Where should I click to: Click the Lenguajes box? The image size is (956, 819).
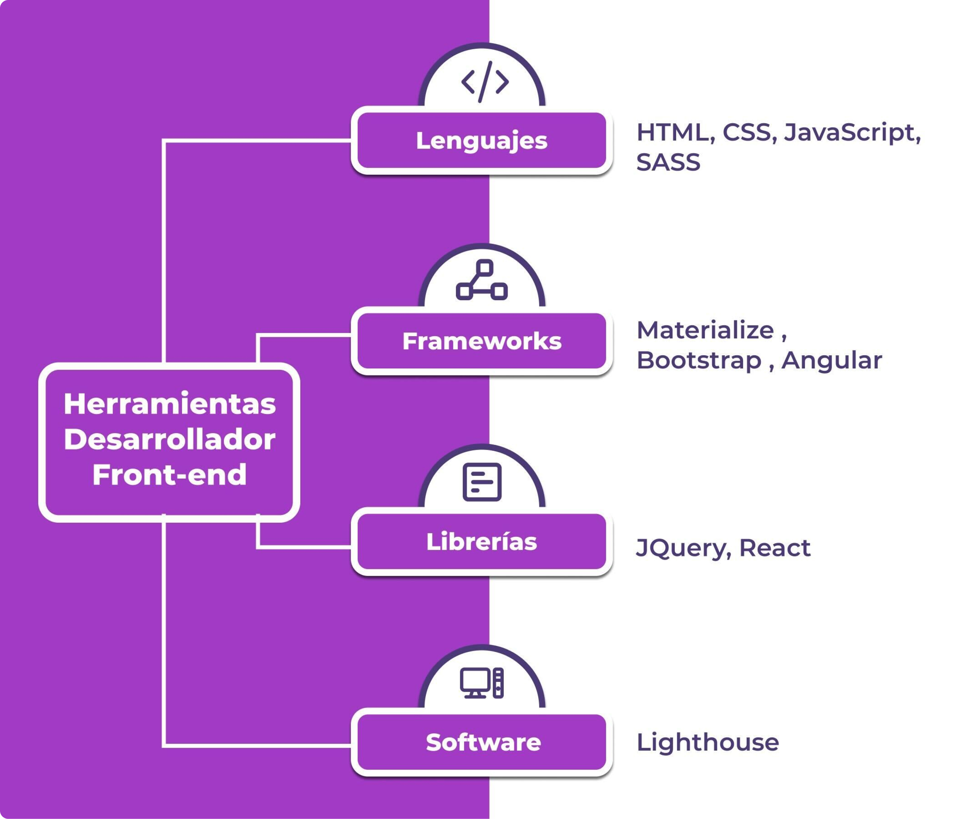point(481,140)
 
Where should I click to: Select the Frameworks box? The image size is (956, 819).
point(481,341)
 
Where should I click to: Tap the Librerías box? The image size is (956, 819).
point(481,542)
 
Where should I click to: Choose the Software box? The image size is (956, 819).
point(481,743)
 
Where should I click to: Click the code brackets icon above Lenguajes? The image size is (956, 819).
point(485,82)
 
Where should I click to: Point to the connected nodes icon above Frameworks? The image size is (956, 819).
point(482,280)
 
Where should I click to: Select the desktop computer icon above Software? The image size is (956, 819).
point(482,683)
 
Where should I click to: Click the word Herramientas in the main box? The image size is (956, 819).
point(169,404)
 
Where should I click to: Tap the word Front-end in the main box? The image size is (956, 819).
point(169,474)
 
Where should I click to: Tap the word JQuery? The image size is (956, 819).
point(683,548)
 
